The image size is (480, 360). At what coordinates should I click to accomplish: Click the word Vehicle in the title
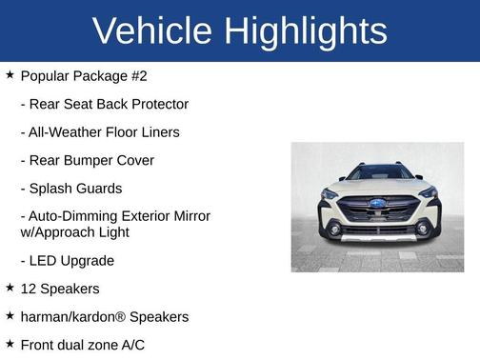(x=153, y=31)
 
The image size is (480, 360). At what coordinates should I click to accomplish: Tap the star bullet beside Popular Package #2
(x=10, y=74)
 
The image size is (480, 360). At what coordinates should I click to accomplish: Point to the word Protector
(x=155, y=104)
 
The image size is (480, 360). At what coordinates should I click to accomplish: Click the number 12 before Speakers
(x=29, y=289)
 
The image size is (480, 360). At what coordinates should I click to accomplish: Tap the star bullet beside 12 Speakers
(x=10, y=288)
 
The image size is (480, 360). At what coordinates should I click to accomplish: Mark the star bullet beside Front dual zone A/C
(x=10, y=344)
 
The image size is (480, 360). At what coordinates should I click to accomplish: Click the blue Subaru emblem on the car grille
(x=378, y=204)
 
